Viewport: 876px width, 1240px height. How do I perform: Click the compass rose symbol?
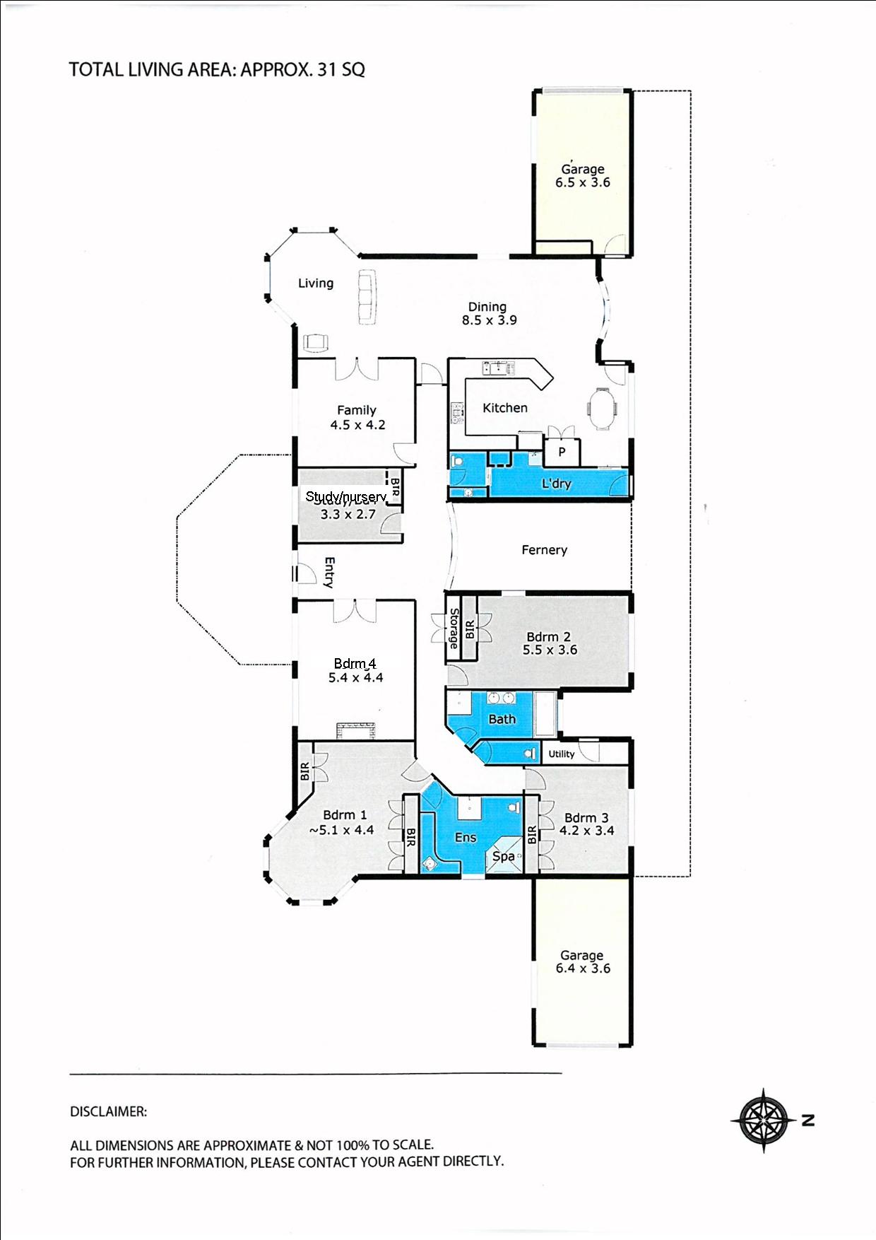pos(764,1120)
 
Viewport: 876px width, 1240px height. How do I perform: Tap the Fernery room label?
pos(544,550)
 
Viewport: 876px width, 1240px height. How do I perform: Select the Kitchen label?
pos(504,408)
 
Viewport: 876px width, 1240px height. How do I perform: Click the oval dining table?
pos(602,408)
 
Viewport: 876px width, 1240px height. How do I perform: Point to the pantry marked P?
pos(562,452)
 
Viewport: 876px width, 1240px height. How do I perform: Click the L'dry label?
pos(556,484)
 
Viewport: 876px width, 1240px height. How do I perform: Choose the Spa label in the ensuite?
pos(503,857)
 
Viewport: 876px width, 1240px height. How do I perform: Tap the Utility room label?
pos(562,754)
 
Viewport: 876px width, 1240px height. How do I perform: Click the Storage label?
pos(454,628)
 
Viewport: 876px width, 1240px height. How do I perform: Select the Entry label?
pos(329,573)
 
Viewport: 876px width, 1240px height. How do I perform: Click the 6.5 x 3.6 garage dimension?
pos(582,182)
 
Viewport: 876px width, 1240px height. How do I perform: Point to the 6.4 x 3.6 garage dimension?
pos(582,969)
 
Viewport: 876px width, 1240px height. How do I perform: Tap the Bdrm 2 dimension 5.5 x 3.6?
pos(550,650)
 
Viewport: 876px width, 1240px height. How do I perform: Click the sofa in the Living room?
pos(367,297)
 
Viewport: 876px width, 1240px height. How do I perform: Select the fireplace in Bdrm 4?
pos(355,730)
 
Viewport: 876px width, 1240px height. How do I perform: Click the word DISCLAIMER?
pos(108,1111)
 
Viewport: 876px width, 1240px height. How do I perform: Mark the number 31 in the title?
pos(326,69)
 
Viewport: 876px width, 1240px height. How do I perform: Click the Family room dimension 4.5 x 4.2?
pos(357,425)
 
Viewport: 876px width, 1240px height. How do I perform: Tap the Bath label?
pos(502,719)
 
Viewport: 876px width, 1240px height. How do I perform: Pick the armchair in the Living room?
pos(316,342)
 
